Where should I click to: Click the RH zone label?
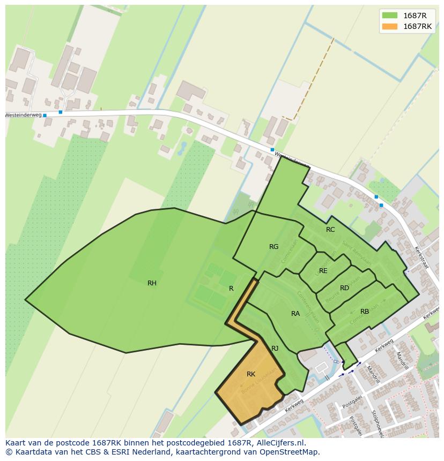click(152, 283)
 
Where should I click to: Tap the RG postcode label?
click(274, 247)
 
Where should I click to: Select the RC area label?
click(330, 230)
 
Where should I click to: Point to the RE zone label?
click(323, 271)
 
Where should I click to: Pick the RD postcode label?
click(344, 288)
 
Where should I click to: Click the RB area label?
click(365, 312)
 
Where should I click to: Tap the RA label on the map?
click(295, 314)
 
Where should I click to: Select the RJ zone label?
click(275, 349)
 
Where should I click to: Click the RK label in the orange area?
click(251, 374)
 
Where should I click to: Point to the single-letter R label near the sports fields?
click(231, 289)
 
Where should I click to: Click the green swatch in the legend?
click(390, 15)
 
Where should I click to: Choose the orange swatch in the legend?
click(390, 26)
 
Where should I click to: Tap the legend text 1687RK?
click(417, 26)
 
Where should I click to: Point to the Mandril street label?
click(402, 359)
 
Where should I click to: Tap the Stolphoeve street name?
click(378, 423)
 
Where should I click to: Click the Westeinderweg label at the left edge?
click(23, 115)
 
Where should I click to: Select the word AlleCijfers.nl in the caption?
click(279, 443)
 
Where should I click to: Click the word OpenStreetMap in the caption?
click(289, 452)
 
